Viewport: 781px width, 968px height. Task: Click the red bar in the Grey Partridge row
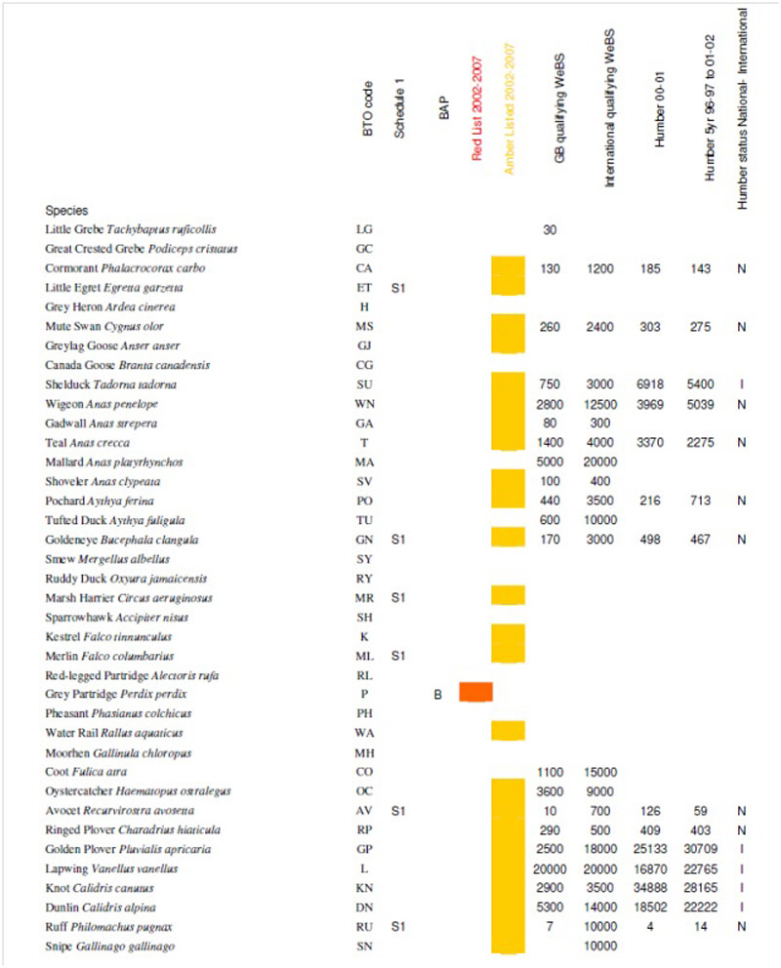(475, 692)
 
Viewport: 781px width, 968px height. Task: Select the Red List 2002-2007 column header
(476, 109)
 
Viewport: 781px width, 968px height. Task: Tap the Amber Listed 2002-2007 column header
(510, 108)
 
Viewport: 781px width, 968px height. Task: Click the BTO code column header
(367, 108)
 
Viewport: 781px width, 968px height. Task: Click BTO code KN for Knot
(364, 888)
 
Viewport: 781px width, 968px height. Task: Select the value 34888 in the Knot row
(650, 888)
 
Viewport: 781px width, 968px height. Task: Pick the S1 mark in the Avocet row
(398, 811)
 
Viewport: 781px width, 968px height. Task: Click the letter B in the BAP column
(437, 695)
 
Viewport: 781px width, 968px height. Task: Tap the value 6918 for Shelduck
(650, 384)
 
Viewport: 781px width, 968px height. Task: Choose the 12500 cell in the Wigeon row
(600, 404)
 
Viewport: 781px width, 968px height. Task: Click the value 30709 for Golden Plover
(701, 849)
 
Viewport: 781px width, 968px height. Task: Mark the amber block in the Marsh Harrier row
(508, 595)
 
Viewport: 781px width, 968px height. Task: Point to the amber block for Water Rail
(508, 730)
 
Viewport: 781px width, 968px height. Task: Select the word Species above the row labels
(66, 211)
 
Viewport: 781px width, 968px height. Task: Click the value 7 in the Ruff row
(550, 927)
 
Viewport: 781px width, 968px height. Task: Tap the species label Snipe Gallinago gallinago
(110, 947)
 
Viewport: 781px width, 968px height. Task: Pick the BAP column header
(443, 108)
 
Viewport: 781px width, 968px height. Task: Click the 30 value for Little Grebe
(550, 229)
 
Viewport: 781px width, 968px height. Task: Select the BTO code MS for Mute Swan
(364, 326)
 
